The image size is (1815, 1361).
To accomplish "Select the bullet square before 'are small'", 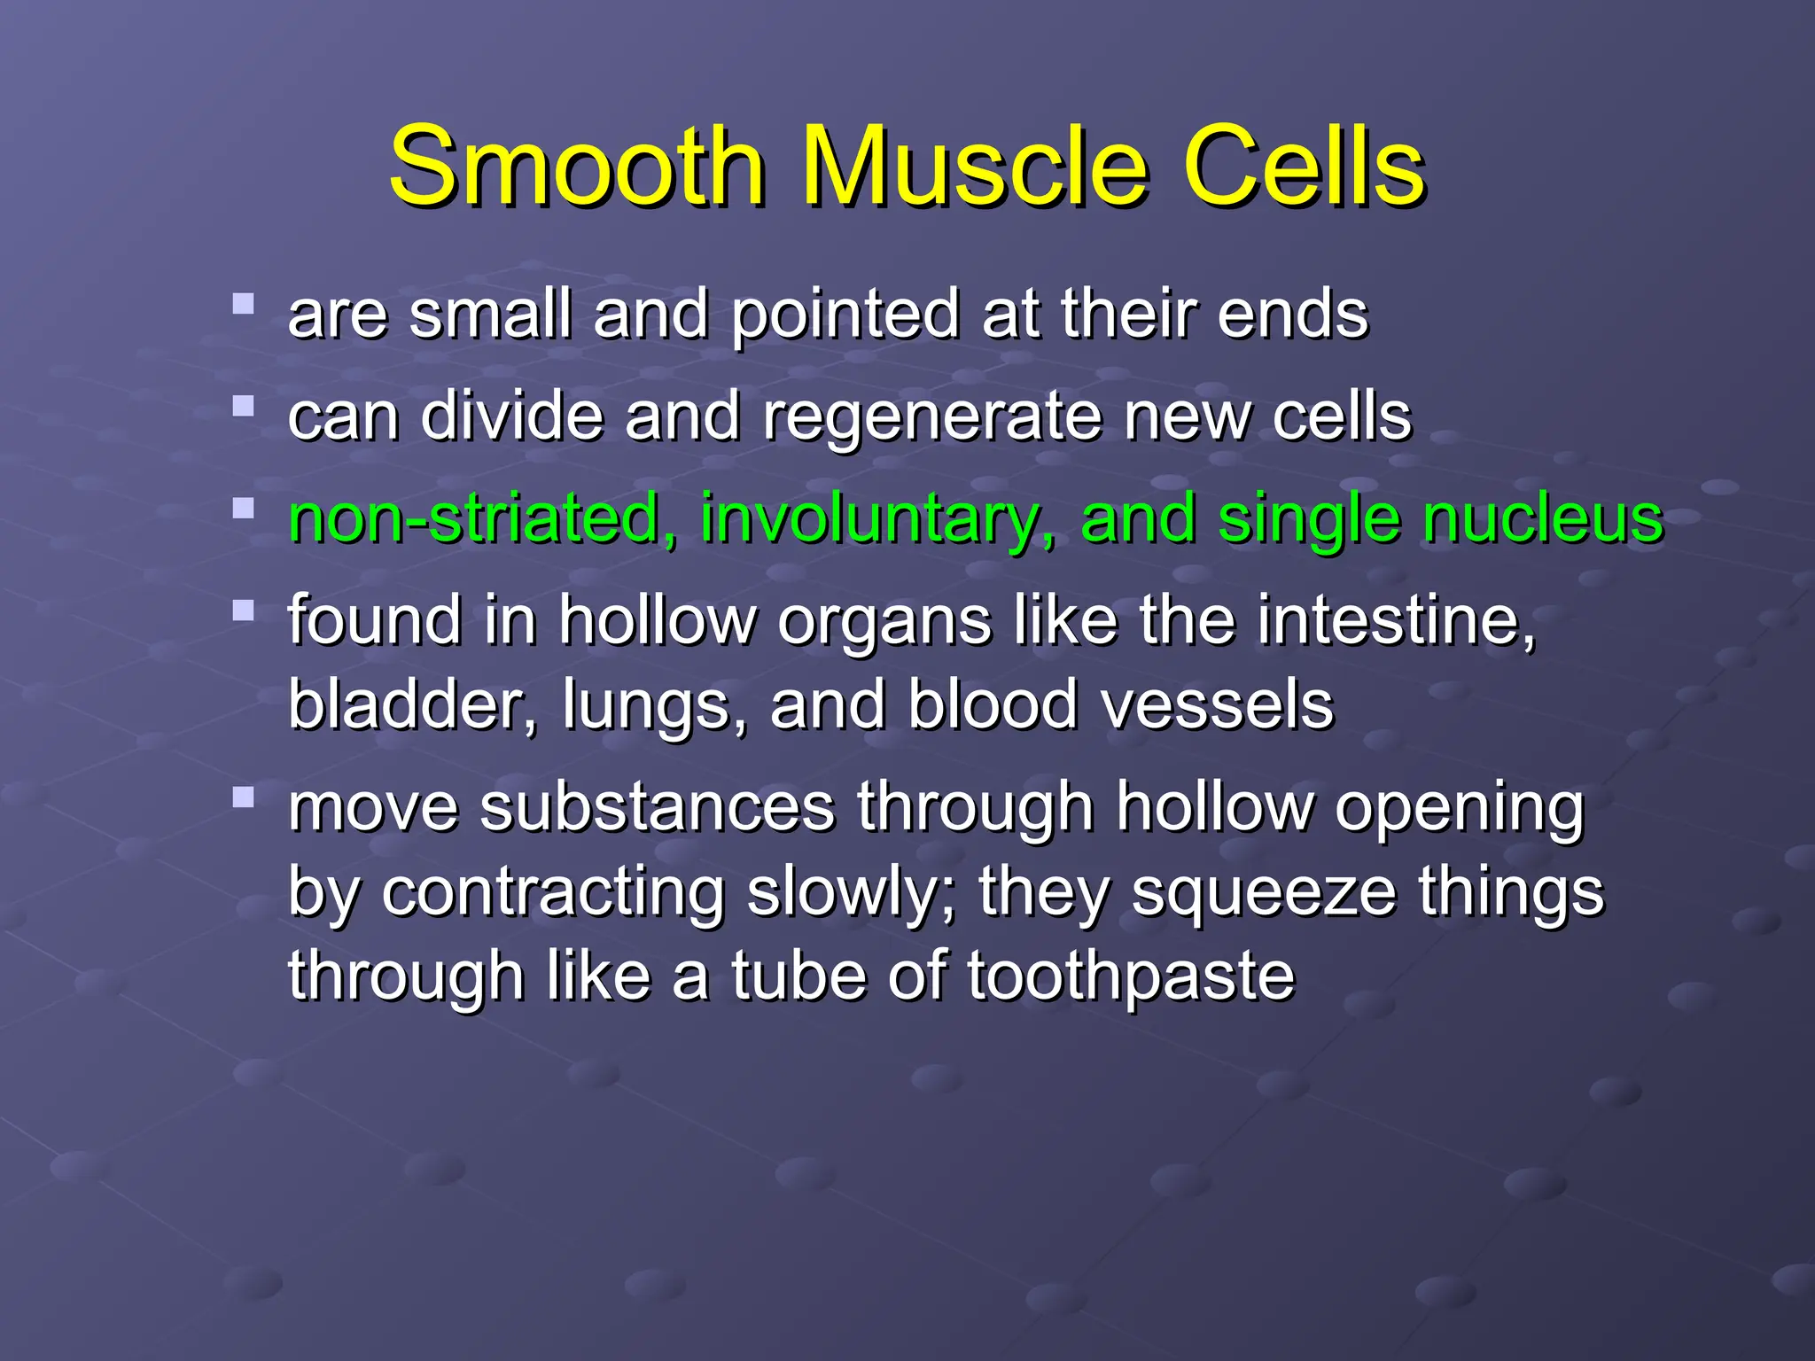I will tap(243, 305).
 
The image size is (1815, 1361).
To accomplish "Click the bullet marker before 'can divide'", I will tap(243, 407).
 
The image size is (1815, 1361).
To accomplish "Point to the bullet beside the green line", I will tap(243, 509).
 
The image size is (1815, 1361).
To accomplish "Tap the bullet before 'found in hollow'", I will tap(243, 611).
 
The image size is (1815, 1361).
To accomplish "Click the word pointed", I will tap(845, 315).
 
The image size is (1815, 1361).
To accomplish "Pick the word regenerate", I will tap(932, 417).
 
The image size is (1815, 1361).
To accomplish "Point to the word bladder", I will tap(412, 705).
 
